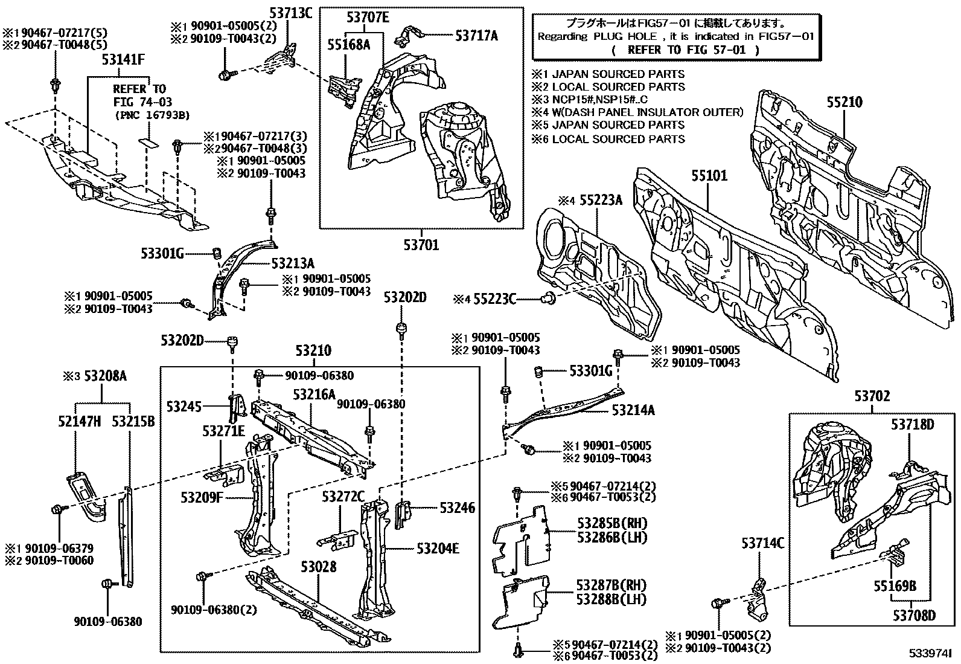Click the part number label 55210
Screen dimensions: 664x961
pos(844,103)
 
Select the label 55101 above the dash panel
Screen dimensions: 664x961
pos(709,176)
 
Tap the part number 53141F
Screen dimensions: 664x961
pos(123,59)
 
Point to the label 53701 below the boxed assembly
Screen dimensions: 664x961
pos(421,245)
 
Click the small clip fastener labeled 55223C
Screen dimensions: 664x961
pos(550,297)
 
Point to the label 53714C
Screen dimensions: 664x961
pos(762,544)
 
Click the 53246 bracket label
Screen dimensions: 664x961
pos(457,508)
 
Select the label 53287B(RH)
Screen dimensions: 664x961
pos(611,585)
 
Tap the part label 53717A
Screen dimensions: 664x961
pos(476,36)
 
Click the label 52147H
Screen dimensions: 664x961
pos(80,422)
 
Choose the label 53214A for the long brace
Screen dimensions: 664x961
pos(633,410)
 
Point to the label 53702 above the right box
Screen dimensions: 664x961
pos(872,396)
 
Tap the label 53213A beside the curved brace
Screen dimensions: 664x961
pos(293,263)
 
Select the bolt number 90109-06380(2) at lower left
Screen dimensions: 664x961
pos(213,610)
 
